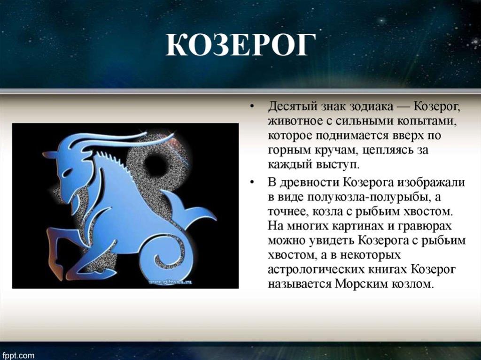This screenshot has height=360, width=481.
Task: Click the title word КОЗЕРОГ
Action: [241, 45]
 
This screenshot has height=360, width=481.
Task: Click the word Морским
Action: [362, 283]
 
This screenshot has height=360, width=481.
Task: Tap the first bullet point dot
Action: [252, 107]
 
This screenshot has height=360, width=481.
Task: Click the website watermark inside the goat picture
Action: [170, 282]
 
